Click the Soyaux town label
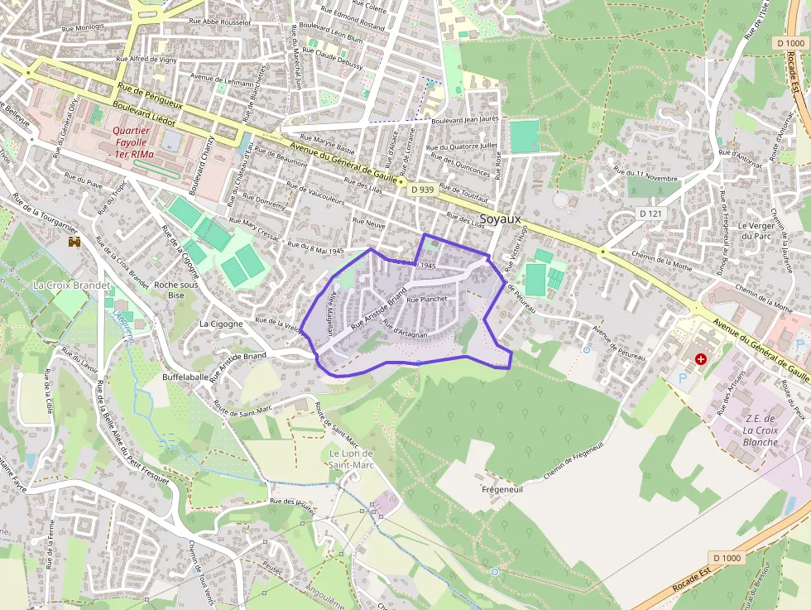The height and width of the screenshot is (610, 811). tap(500, 219)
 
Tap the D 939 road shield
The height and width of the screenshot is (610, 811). tap(421, 190)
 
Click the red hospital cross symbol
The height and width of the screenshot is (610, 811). tap(701, 359)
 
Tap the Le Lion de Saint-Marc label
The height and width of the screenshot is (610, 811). tap(352, 459)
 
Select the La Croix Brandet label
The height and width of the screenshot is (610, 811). tap(71, 285)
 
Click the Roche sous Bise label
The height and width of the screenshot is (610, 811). tap(176, 290)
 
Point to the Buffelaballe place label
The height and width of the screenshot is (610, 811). tap(186, 377)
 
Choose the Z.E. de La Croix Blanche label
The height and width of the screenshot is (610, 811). tap(760, 430)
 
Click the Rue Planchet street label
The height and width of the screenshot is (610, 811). tap(427, 299)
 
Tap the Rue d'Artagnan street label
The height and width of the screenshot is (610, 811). tap(405, 329)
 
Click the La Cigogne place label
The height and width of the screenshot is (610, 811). tap(221, 324)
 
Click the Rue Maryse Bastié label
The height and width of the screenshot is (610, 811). tap(328, 144)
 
